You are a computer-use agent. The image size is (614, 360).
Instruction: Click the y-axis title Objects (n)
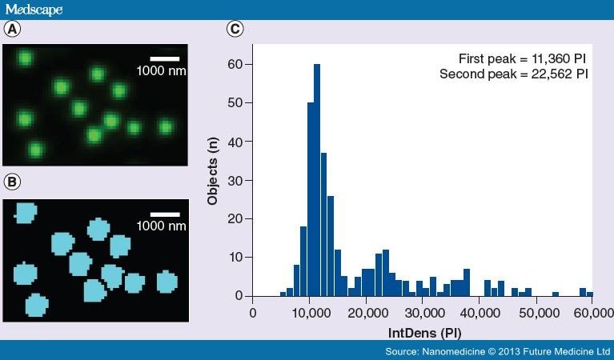tap(213, 172)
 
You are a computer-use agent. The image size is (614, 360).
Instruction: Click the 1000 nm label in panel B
tap(162, 226)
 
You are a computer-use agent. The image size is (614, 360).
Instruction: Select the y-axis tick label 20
tap(238, 218)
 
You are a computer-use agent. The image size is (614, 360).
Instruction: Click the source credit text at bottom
tap(496, 351)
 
